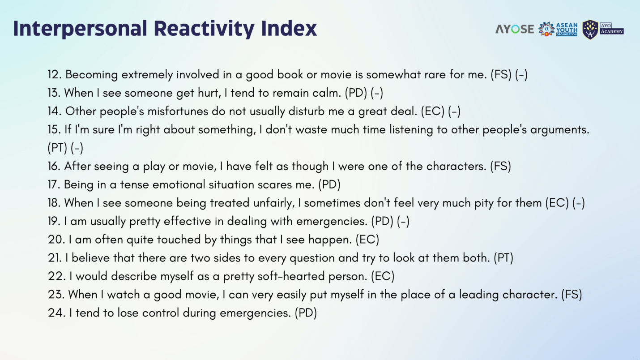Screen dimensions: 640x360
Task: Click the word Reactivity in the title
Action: click(204, 29)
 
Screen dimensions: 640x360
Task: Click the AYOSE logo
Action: click(515, 29)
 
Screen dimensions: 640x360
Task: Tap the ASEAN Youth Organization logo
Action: click(558, 29)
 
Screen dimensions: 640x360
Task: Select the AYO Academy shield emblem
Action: click(590, 30)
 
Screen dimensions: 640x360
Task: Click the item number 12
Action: click(55, 75)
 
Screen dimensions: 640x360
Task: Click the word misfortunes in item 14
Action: click(178, 111)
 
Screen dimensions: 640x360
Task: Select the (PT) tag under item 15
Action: click(57, 148)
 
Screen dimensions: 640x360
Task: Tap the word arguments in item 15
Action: click(560, 130)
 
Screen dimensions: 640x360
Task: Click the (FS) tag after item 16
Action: click(500, 166)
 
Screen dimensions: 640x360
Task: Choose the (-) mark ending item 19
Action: click(403, 221)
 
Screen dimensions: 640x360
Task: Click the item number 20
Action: click(56, 240)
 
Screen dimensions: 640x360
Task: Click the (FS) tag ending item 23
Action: click(572, 295)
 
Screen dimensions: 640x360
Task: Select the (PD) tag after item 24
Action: click(306, 313)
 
